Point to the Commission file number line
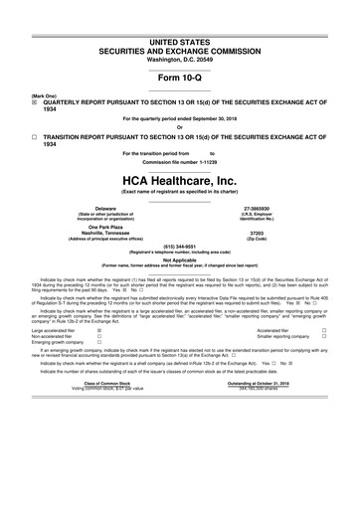pyautogui.click(x=179, y=161)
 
